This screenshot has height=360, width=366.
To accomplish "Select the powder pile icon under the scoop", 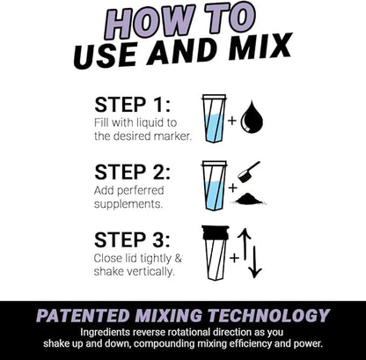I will (x=250, y=198).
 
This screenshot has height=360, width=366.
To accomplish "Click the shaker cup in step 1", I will (x=214, y=118).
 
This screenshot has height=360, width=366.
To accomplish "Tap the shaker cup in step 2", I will (x=214, y=186).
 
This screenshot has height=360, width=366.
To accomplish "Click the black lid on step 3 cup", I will (x=214, y=233).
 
